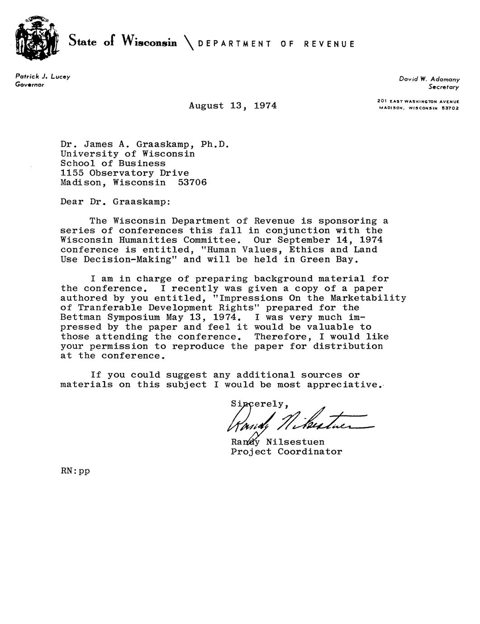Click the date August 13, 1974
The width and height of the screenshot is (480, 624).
coord(233,106)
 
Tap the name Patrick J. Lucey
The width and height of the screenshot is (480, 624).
coord(43,77)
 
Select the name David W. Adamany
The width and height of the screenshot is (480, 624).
coord(429,79)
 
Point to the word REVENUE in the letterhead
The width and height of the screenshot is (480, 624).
coord(329,44)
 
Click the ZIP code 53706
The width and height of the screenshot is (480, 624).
coord(192,183)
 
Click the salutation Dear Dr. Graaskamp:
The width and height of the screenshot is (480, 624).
coord(115,202)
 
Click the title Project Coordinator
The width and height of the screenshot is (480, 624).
coord(286,452)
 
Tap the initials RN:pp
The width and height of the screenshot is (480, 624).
coord(75,471)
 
